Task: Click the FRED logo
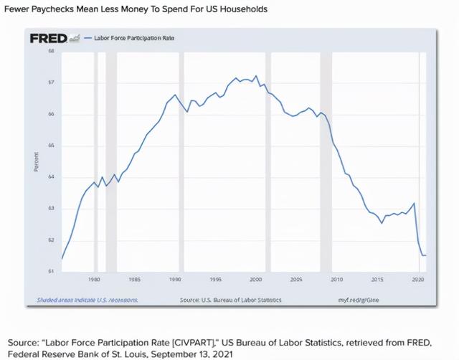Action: pos(48,37)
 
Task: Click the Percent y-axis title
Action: pos(36,161)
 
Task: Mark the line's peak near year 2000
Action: pos(256,76)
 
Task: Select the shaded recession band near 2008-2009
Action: pos(325,161)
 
